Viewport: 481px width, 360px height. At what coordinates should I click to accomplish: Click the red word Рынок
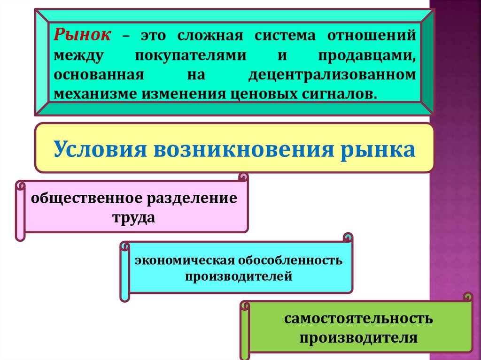[83, 36]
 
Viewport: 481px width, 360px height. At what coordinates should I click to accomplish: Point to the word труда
[133, 218]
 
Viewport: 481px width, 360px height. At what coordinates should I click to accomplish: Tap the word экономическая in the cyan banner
[185, 260]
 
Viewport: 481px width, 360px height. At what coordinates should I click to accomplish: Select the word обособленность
[292, 260]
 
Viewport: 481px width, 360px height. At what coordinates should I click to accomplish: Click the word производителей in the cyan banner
[238, 277]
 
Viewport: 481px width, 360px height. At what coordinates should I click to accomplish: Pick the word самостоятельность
[358, 319]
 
